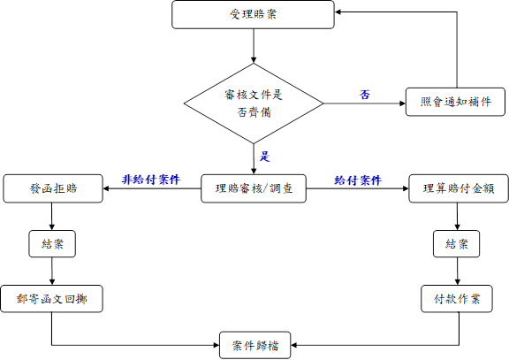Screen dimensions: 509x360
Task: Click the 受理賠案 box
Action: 253,15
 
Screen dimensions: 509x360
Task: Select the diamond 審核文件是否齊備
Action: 254,103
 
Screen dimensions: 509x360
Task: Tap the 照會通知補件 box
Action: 455,102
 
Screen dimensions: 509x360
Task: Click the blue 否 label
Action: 365,95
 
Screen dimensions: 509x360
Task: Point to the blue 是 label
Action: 264,157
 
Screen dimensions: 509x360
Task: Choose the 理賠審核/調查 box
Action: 254,188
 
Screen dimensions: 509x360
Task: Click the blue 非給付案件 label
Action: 151,180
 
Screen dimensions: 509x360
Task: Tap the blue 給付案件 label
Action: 358,180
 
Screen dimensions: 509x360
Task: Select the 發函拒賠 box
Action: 53,188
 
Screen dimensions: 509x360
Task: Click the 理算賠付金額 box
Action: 459,188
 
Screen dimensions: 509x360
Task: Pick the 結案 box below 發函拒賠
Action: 52,243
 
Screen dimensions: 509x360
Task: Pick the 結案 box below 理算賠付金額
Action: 456,243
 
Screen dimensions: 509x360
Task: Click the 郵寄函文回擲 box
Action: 51,299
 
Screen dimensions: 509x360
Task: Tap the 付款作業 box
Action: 457,299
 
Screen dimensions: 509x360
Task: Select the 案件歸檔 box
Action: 254,345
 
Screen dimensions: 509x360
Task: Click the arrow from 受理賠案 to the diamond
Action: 254,46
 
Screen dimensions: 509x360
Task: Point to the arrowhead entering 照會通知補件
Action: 403,103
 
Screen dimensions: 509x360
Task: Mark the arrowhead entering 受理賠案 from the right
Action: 338,12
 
